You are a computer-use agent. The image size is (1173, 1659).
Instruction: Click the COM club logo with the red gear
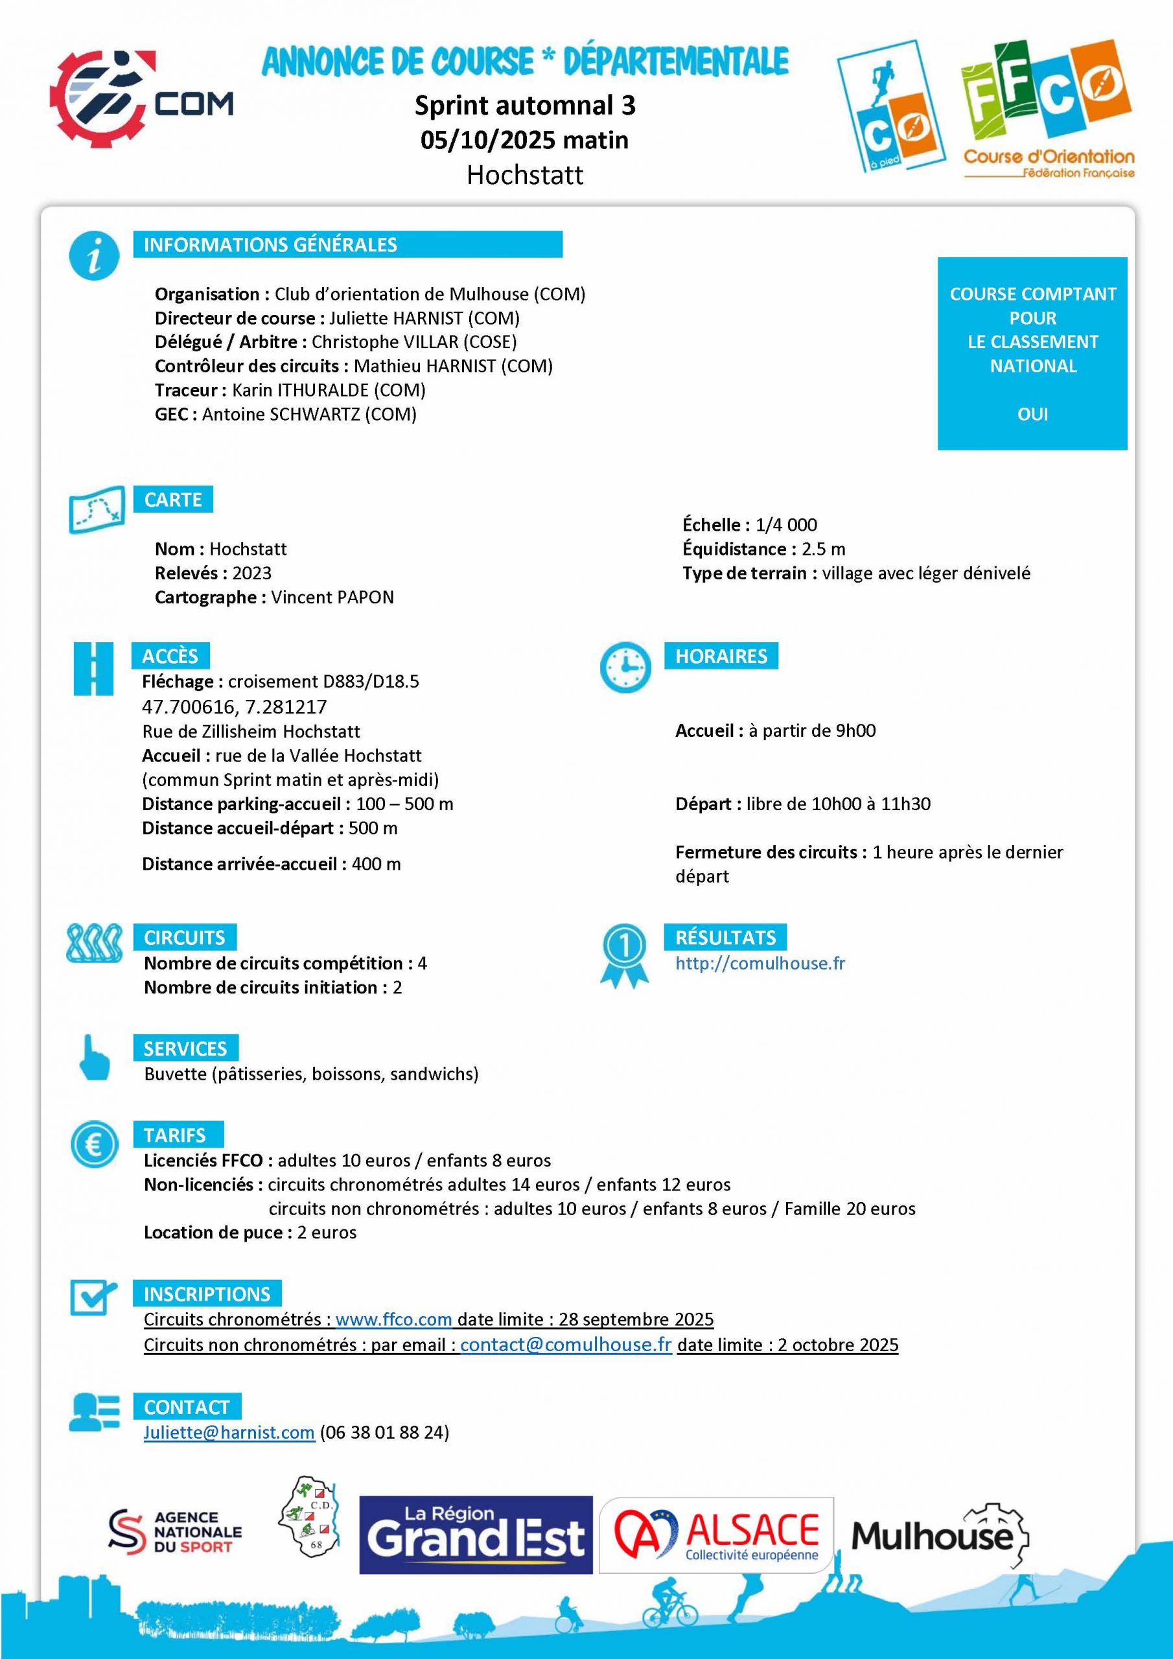coord(141,99)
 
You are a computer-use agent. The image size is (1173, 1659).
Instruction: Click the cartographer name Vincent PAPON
coord(332,597)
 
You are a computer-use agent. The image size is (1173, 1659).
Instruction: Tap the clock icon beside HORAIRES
coord(625,666)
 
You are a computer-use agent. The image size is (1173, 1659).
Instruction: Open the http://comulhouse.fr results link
coord(760,963)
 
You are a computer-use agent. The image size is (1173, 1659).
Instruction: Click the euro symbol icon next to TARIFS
coord(94,1144)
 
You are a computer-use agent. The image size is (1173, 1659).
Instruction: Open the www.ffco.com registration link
coord(393,1319)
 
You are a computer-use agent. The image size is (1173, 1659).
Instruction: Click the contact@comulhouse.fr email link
coord(566,1345)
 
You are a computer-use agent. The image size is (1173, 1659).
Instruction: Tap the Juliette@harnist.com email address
coord(228,1432)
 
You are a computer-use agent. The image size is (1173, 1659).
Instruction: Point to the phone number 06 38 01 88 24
coord(384,1432)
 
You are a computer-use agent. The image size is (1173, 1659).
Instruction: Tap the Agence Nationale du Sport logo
coord(175,1532)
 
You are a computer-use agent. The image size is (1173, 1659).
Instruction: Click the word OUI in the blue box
coord(1032,414)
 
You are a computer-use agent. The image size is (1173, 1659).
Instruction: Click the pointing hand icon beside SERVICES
coord(94,1058)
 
